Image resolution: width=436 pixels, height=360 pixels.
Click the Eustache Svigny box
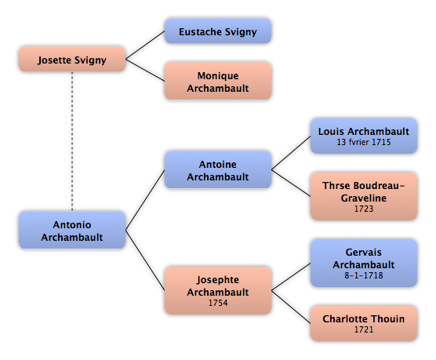[218, 31]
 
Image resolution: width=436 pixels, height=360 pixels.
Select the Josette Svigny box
[72, 59]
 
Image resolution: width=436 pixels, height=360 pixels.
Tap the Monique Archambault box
[218, 81]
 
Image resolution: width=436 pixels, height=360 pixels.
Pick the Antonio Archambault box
[72, 230]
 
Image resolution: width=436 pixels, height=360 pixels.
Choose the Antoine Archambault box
[218, 169]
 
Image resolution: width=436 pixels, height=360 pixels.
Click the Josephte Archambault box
[218, 290]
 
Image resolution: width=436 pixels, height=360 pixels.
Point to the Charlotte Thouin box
[364, 323]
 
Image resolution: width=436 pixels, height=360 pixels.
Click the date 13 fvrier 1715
[364, 142]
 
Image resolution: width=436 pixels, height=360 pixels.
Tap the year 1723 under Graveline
[364, 209]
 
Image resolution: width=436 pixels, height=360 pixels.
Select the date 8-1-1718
[364, 275]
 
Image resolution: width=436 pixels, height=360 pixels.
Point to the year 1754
[218, 303]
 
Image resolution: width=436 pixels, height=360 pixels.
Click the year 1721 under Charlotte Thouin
[364, 329]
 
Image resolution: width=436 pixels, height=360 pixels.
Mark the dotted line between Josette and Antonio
[72, 141]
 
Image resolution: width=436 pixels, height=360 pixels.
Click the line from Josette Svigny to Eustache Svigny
[145, 45]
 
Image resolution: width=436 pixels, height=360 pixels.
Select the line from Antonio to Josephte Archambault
[145, 260]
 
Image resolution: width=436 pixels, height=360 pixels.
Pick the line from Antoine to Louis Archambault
[291, 153]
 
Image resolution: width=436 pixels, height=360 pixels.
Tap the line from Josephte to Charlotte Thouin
[291, 307]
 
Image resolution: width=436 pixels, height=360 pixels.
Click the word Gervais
[363, 253]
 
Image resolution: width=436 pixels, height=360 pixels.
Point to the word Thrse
[333, 186]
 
